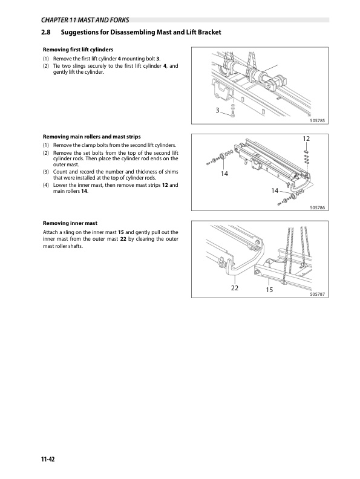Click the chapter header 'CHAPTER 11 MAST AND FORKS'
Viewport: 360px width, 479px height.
(x=85, y=20)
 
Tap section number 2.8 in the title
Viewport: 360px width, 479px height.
(x=46, y=32)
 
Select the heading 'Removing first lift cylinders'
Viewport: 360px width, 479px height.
(x=78, y=50)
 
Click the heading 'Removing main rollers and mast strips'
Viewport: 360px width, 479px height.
(x=92, y=137)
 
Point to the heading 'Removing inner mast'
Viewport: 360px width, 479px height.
(x=70, y=223)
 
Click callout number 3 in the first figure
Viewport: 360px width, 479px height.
(x=217, y=110)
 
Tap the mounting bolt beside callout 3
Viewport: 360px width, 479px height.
(x=232, y=115)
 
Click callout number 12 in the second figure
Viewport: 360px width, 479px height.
(x=306, y=138)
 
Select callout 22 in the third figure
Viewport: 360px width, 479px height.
(x=234, y=288)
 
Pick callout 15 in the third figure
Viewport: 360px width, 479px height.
(x=269, y=290)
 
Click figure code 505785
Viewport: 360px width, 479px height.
(x=318, y=121)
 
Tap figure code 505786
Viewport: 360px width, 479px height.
(x=318, y=207)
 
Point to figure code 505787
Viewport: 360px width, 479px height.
(x=318, y=294)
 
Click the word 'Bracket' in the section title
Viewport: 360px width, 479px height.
(x=209, y=32)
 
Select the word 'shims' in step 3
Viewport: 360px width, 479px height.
(x=171, y=172)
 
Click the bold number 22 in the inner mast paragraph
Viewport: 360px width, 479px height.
(x=123, y=239)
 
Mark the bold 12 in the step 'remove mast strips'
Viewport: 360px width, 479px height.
(x=165, y=185)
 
